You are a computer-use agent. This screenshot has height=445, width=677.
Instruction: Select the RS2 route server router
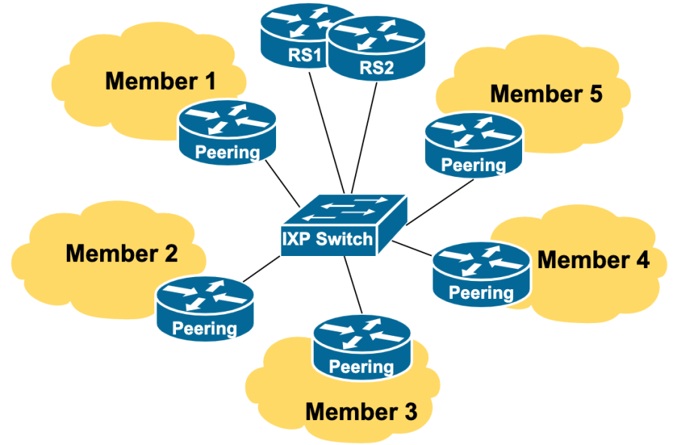(x=376, y=49)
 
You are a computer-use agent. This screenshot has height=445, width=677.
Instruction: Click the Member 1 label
(x=160, y=81)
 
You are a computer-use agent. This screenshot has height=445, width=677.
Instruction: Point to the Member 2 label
(x=121, y=253)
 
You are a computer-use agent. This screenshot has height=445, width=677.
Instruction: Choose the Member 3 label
(x=361, y=412)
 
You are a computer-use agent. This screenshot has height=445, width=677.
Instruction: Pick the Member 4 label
(x=594, y=260)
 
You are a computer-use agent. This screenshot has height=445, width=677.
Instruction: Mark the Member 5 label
(x=546, y=94)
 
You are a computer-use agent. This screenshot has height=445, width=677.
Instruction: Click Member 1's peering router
(x=228, y=132)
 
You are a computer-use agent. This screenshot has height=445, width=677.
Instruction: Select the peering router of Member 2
(x=205, y=309)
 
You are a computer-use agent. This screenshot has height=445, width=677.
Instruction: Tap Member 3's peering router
(x=362, y=346)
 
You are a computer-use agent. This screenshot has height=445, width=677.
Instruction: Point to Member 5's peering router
(x=473, y=145)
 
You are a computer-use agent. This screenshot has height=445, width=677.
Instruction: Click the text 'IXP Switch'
(x=327, y=239)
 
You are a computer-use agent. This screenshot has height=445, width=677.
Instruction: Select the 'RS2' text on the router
(x=376, y=68)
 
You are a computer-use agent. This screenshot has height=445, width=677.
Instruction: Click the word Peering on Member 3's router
(x=362, y=367)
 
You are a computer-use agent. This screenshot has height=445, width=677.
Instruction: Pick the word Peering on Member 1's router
(x=228, y=152)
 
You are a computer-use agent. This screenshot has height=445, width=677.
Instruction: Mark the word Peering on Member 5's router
(x=473, y=164)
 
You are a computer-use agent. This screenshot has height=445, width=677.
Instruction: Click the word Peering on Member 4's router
(x=481, y=293)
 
